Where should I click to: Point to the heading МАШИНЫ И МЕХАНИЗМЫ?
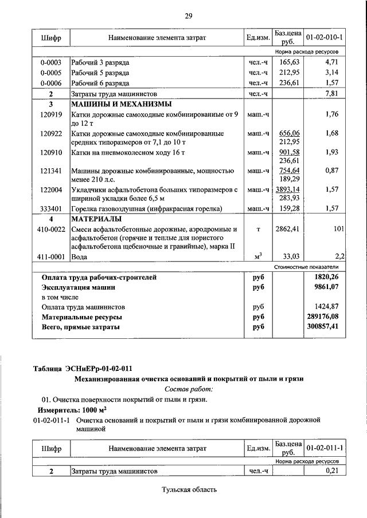point(121,105)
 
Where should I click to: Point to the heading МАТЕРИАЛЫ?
point(96,219)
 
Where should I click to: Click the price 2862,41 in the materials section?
point(288,229)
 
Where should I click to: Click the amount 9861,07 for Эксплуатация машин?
point(327,287)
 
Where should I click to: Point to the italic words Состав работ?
point(189,389)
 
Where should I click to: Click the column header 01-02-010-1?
point(325,37)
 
